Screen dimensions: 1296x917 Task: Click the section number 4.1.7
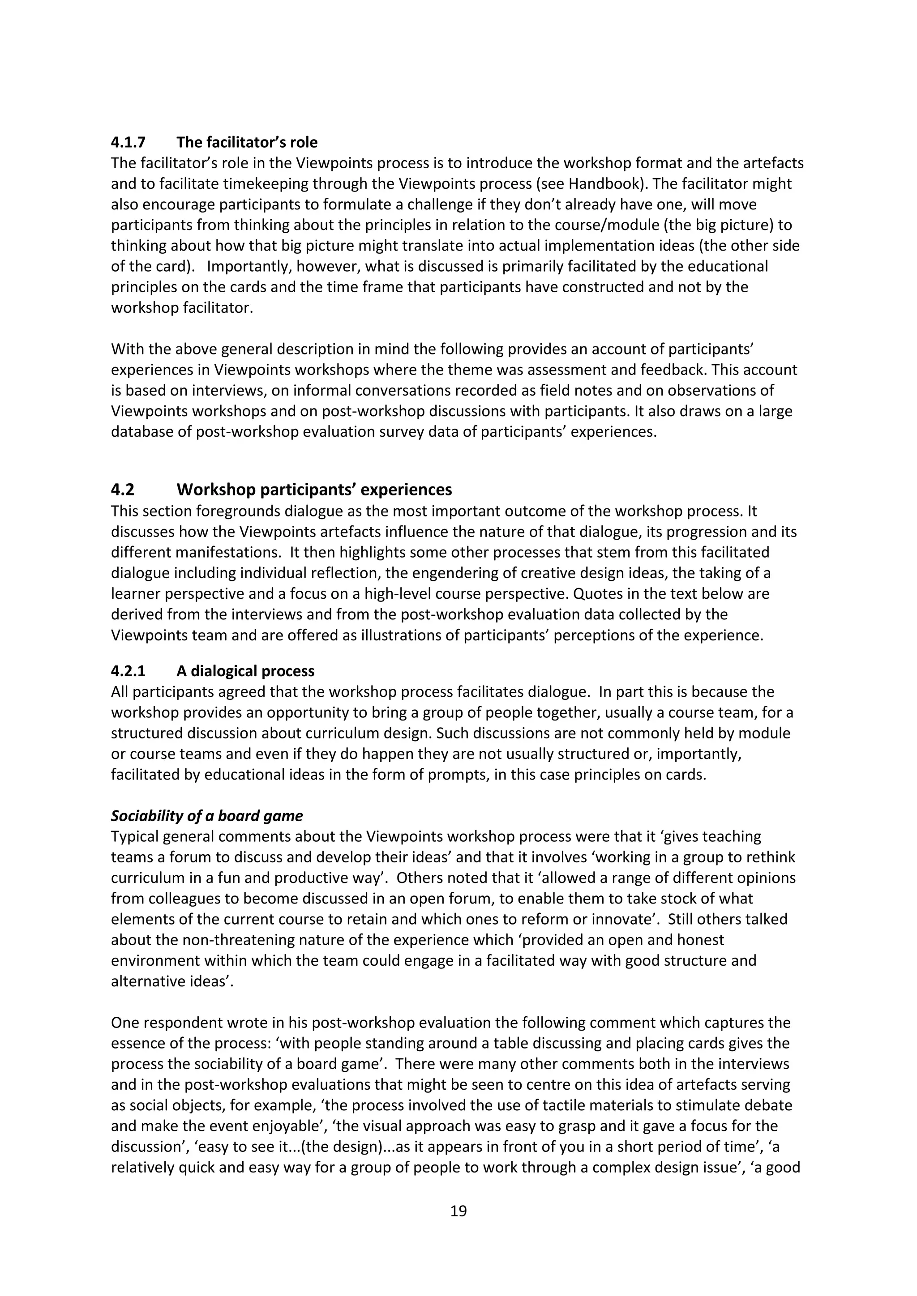pos(128,142)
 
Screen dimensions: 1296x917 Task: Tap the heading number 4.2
pos(123,490)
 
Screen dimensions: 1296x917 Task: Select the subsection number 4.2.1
pos(128,671)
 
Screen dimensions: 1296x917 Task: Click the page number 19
pos(458,1211)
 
